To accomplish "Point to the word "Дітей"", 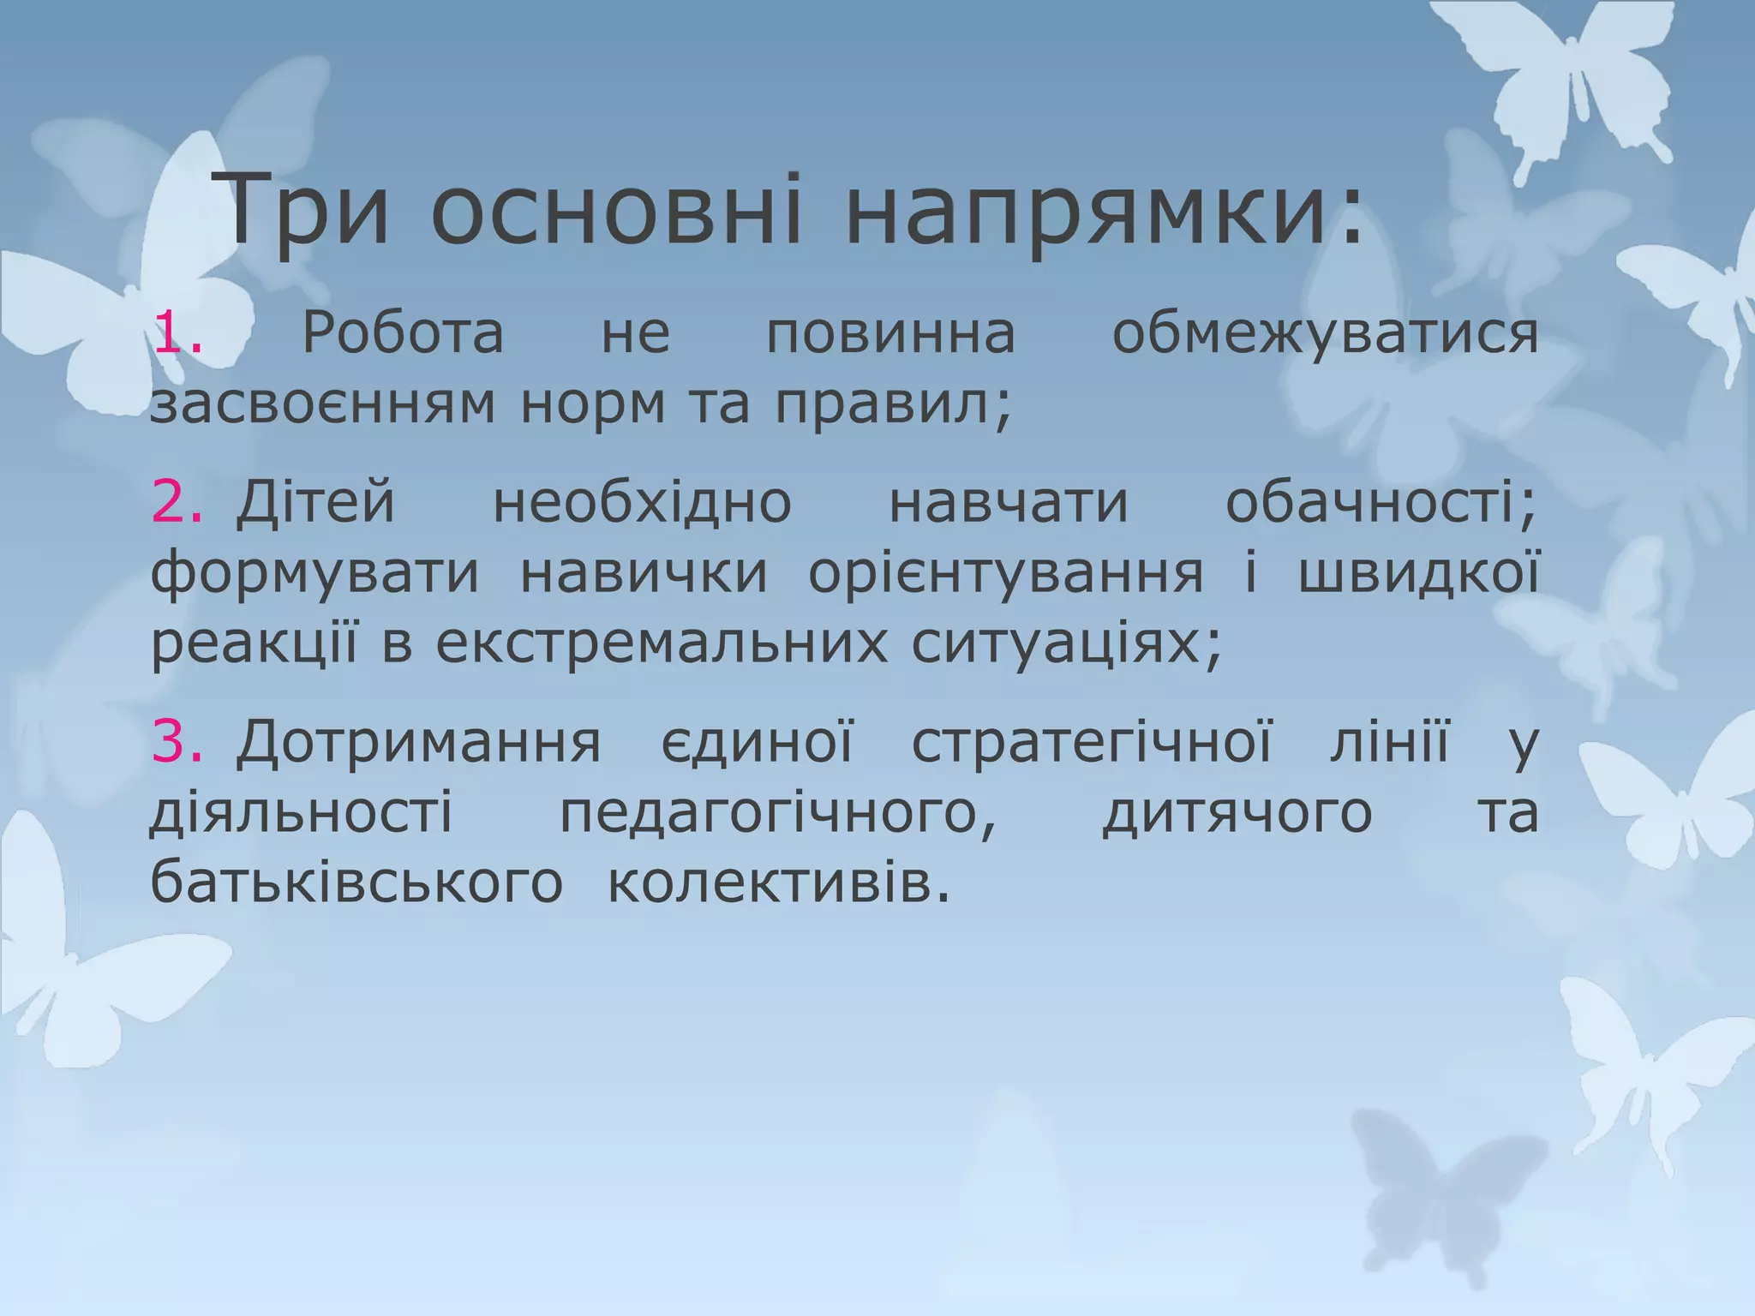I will pyautogui.click(x=316, y=502).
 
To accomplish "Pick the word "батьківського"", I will pyautogui.click(x=356, y=884).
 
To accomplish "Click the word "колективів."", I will pyautogui.click(x=780, y=884).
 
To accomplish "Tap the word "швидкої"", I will pyautogui.click(x=1418, y=574).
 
